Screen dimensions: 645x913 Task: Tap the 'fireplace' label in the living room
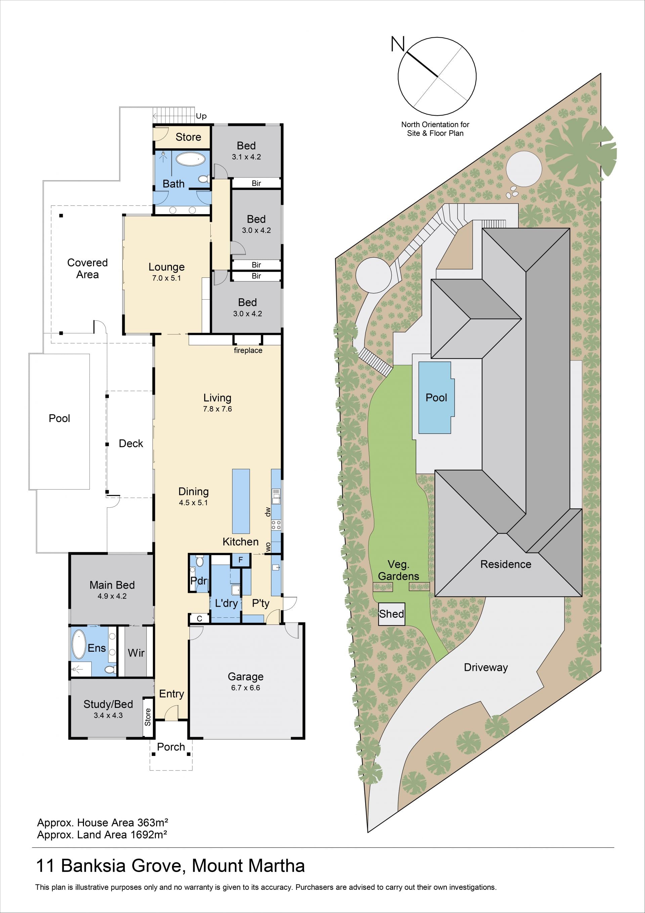pyautogui.click(x=248, y=350)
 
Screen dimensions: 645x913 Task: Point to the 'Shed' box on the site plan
pyautogui.click(x=392, y=614)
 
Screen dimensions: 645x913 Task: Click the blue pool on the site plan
pyautogui.click(x=436, y=397)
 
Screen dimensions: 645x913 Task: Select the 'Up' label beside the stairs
pyautogui.click(x=201, y=116)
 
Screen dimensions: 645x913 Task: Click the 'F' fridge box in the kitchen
pyautogui.click(x=241, y=560)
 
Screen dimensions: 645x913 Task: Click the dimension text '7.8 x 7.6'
pyautogui.click(x=217, y=409)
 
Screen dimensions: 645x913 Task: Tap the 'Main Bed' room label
pyautogui.click(x=112, y=585)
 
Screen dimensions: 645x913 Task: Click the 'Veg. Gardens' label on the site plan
pyautogui.click(x=398, y=571)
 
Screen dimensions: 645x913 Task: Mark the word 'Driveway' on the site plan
pyautogui.click(x=486, y=667)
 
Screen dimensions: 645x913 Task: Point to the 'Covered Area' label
pyautogui.click(x=87, y=268)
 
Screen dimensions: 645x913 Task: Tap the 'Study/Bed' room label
pyautogui.click(x=108, y=704)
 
